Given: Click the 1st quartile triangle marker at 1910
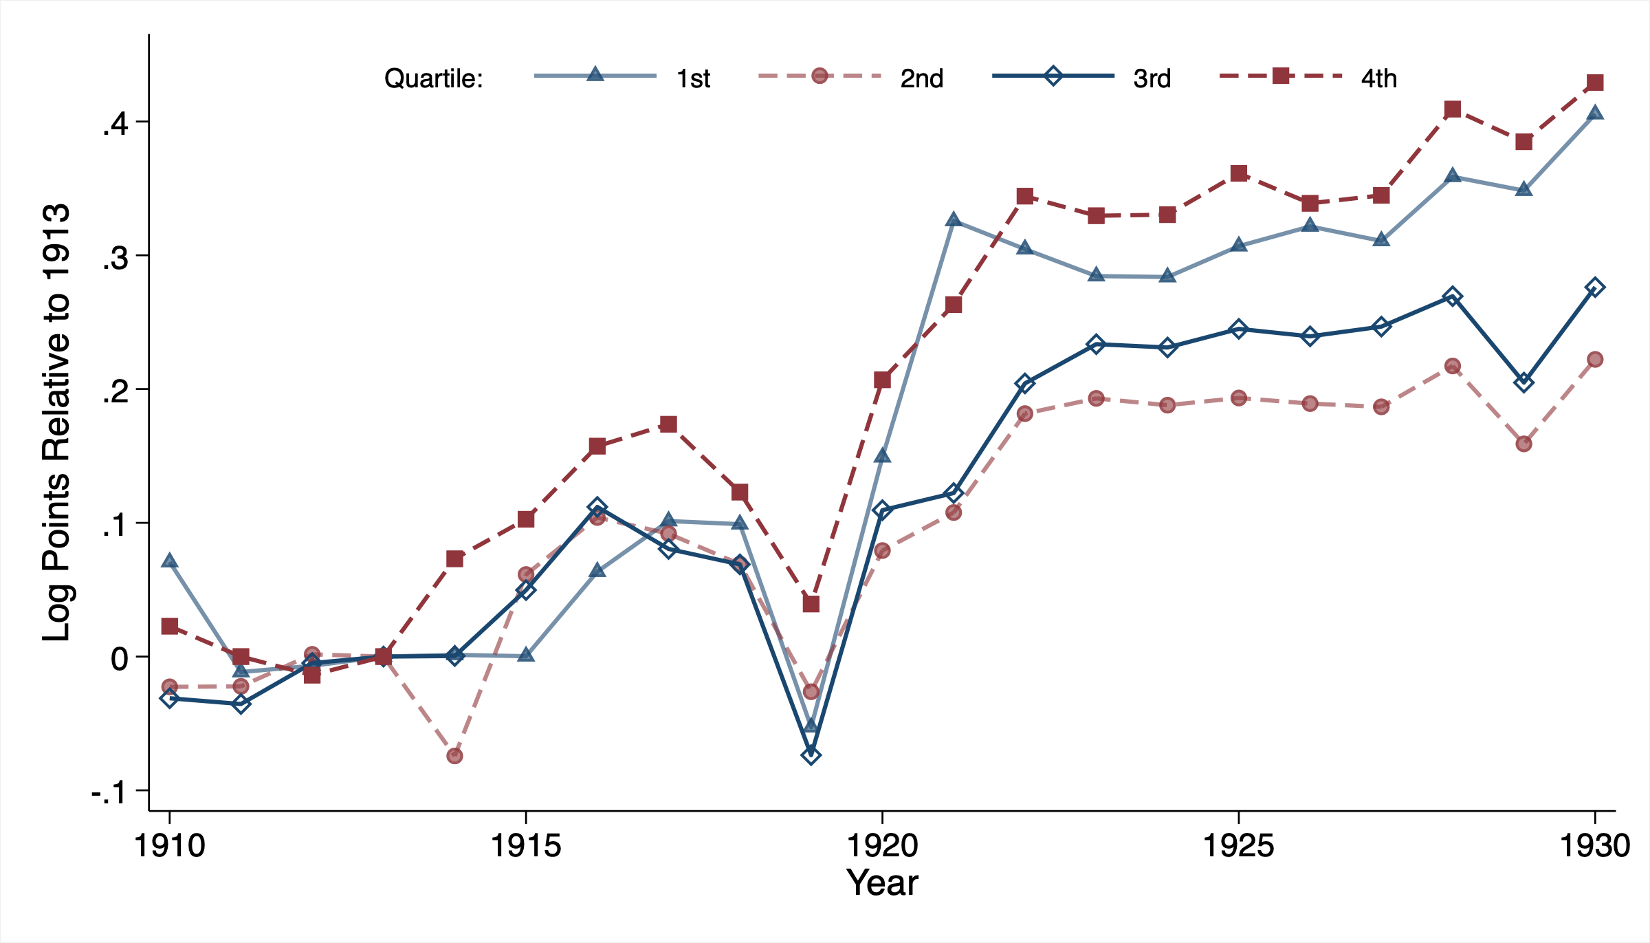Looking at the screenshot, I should pos(170,561).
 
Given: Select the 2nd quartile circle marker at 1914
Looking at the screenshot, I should pos(454,756).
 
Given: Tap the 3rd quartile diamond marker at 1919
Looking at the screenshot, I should pos(811,755).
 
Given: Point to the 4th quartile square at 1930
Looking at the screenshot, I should pos(1595,83).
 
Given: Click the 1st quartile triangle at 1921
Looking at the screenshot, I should pos(954,220).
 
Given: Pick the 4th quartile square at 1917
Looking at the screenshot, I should pos(668,424).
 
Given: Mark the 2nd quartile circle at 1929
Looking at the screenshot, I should pos(1523,444).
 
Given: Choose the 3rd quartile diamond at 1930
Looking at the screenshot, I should pos(1595,288).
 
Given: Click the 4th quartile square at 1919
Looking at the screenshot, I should pos(811,604).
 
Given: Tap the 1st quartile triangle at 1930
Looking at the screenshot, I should pos(1595,113).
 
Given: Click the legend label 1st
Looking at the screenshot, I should pos(693,79).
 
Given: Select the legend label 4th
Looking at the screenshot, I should pos(1378,79).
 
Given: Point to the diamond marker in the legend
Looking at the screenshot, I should pos(1053,76).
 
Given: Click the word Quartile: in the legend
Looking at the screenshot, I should pos(434,79).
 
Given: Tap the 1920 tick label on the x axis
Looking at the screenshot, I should pos(882,845).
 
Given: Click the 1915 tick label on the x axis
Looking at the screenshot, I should pos(526,845).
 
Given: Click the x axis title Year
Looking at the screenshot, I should pos(882,883).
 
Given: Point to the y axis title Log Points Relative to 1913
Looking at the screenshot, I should pos(56,423).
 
